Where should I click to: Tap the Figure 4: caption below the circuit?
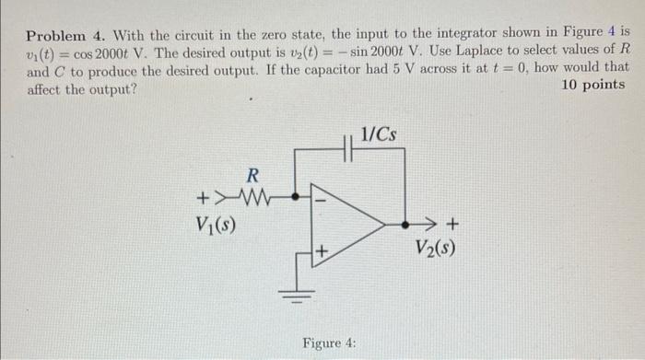point(329,343)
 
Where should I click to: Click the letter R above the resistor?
point(252,174)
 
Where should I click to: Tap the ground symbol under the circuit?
point(296,293)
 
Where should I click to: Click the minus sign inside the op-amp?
point(322,196)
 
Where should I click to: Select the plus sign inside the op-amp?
point(322,250)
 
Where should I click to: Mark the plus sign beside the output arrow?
point(451,222)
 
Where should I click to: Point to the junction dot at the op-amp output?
point(405,222)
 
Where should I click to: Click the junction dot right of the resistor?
point(295,196)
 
